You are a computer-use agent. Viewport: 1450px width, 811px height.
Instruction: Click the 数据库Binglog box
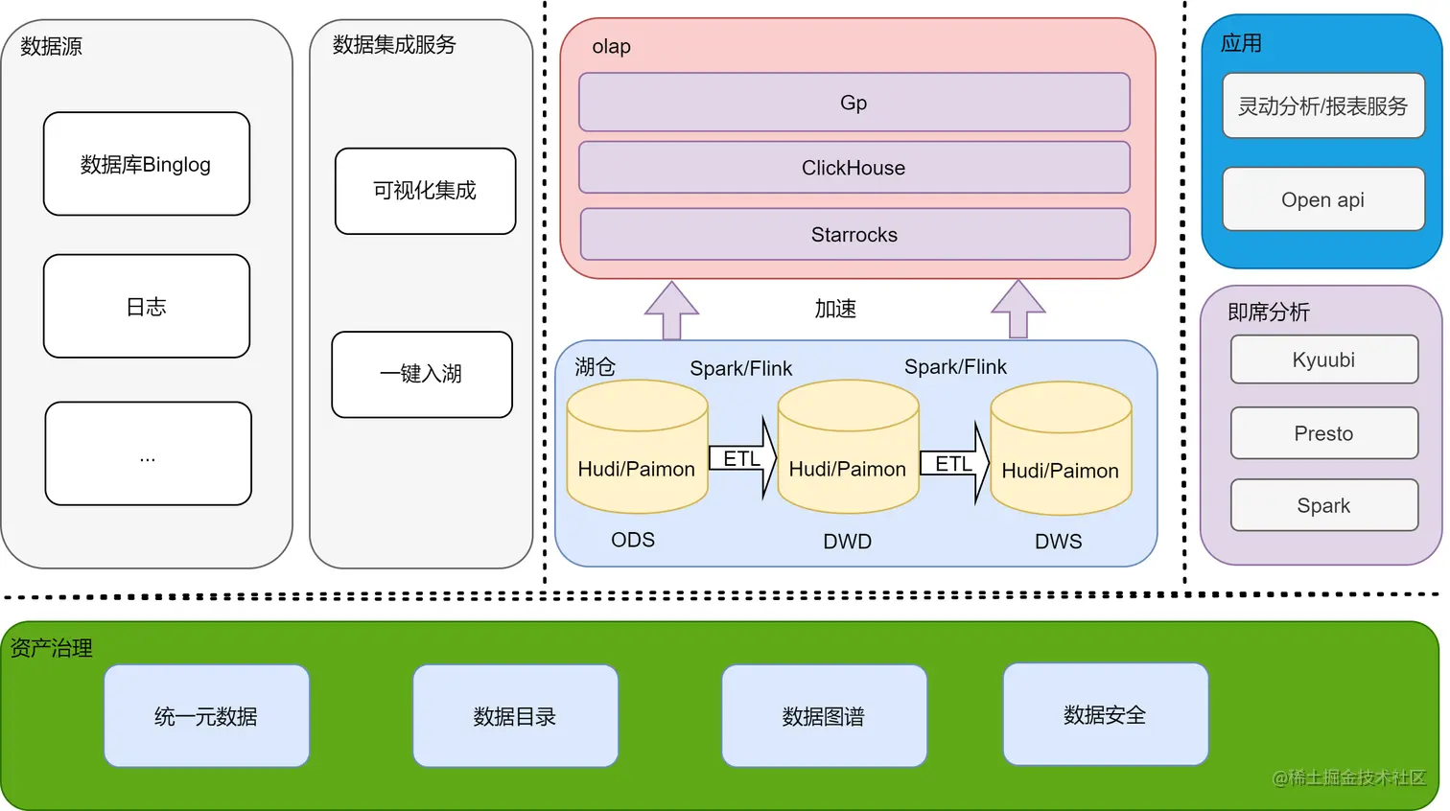(147, 164)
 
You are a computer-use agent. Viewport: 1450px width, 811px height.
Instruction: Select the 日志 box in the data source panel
(147, 307)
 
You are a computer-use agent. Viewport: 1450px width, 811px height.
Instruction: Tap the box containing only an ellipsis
(148, 453)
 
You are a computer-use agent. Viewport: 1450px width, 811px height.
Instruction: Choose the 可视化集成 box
(425, 191)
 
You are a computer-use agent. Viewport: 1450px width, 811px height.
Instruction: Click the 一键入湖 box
(422, 374)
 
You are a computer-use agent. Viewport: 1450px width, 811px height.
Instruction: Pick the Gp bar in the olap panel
(854, 103)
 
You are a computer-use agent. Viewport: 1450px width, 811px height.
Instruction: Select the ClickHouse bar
(854, 168)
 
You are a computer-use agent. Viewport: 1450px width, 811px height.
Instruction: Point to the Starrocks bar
(854, 235)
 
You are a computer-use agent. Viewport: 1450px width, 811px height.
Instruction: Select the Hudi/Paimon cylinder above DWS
(1061, 451)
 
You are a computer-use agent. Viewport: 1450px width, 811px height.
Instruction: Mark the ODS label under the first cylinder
(633, 540)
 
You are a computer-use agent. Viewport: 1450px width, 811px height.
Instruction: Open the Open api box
(1323, 199)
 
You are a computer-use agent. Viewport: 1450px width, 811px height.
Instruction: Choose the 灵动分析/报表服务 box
(1323, 106)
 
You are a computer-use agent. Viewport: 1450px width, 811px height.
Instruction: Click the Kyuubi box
(1323, 359)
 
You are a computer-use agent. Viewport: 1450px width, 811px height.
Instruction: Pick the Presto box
(1323, 433)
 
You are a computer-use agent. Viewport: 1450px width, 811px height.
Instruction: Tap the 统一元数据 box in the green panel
(206, 716)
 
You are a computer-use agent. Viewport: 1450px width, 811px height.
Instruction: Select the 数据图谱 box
(824, 716)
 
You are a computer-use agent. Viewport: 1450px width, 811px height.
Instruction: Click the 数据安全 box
(1105, 714)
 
